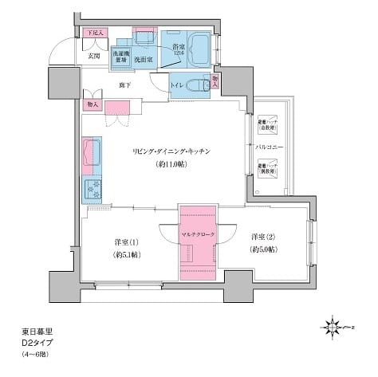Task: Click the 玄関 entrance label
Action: (x=93, y=57)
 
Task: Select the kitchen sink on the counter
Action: (x=92, y=153)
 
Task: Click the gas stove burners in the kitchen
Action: (x=93, y=189)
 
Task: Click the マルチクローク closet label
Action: (x=197, y=234)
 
